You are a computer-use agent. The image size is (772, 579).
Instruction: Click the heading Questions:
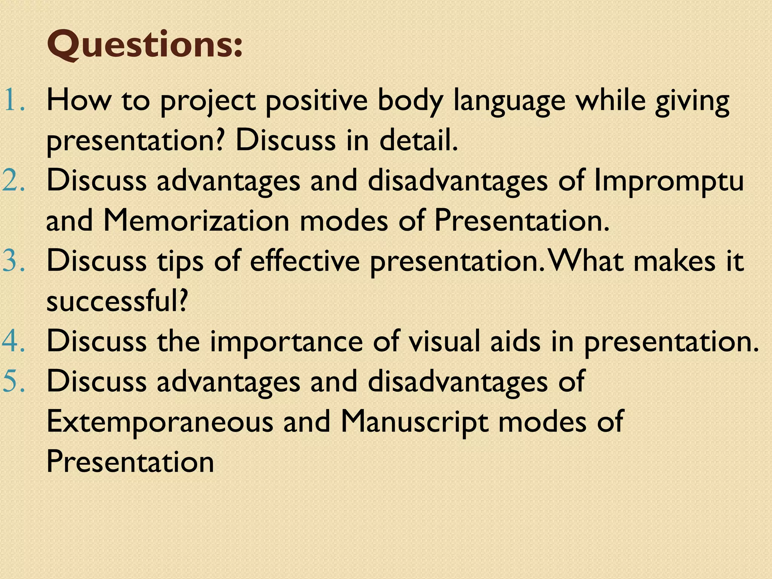pyautogui.click(x=144, y=46)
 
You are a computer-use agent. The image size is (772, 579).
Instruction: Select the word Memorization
pyautogui.click(x=196, y=221)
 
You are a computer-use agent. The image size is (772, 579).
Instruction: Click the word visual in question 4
pyautogui.click(x=444, y=341)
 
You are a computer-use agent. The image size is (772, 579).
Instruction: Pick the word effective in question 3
pyautogui.click(x=305, y=261)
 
